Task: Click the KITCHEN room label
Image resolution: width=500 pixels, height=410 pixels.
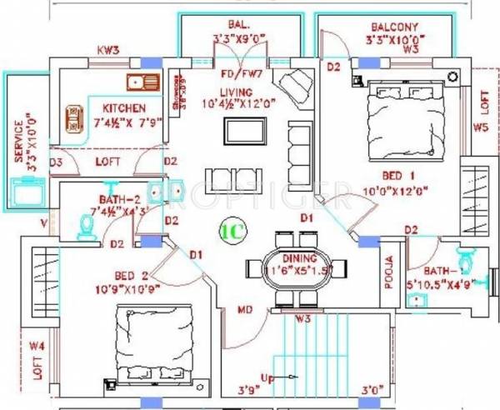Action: tap(124, 108)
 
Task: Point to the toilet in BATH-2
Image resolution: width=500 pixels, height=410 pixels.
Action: tap(85, 227)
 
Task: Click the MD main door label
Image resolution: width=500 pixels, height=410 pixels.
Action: tap(245, 310)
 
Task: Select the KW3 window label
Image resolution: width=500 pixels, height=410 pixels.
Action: tap(108, 51)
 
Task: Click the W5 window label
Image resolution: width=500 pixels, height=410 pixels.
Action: tap(480, 127)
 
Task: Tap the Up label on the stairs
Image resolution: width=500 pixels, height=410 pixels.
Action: tap(267, 379)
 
